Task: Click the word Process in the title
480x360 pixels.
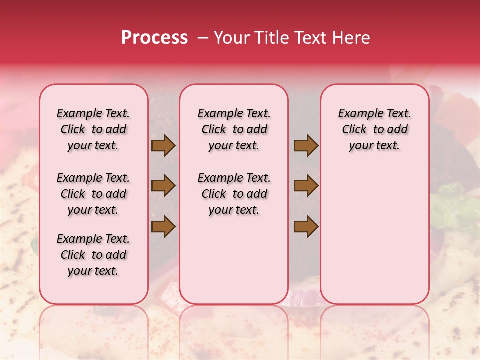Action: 154,38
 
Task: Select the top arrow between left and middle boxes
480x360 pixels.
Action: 163,145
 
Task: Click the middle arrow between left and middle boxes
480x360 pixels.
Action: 163,186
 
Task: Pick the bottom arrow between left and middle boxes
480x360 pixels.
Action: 163,226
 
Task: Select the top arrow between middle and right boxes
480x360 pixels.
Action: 306,145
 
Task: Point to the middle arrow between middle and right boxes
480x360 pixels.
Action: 306,186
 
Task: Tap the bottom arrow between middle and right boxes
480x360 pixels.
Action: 306,226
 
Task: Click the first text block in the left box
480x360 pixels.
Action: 93,129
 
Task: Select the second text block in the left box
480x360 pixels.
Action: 93,194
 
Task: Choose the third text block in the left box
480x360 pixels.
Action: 93,255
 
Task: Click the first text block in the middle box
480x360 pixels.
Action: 234,129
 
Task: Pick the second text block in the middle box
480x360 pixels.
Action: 234,194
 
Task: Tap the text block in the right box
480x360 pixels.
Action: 374,129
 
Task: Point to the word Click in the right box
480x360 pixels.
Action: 354,130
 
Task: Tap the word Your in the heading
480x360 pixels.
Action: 232,38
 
